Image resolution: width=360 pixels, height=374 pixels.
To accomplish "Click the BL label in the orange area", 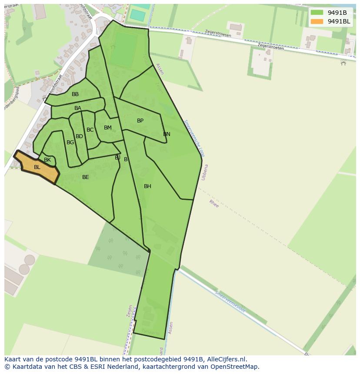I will pyautogui.click(x=37, y=167).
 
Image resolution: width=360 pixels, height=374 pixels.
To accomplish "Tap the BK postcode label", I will pyautogui.click(x=47, y=160).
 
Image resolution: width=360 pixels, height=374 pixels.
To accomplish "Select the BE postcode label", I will pyautogui.click(x=86, y=177).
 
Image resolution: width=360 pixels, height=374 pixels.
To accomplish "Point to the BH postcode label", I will pyautogui.click(x=147, y=186).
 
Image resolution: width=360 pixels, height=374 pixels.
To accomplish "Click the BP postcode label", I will pyautogui.click(x=140, y=121).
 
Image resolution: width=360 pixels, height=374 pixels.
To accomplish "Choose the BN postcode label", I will pyautogui.click(x=167, y=134).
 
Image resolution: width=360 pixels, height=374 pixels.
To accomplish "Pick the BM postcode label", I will pyautogui.click(x=108, y=128).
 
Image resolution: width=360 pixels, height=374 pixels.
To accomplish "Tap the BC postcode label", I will pyautogui.click(x=90, y=130).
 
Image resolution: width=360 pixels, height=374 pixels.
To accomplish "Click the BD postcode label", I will pyautogui.click(x=79, y=136).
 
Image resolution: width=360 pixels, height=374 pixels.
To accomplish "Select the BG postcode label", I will pyautogui.click(x=70, y=142).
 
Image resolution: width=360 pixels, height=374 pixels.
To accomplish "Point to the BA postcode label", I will pyautogui.click(x=78, y=108).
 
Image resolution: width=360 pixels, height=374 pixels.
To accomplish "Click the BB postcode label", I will pyautogui.click(x=75, y=94).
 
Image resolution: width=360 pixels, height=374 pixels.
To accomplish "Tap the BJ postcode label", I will pyautogui.click(x=117, y=158).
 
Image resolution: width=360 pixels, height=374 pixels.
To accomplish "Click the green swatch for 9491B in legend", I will pyautogui.click(x=317, y=12).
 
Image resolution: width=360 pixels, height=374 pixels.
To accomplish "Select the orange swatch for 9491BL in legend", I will pyautogui.click(x=317, y=21).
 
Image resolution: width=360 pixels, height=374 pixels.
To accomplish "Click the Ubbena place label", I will pyautogui.click(x=204, y=172).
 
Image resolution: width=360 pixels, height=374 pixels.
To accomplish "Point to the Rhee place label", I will pyautogui.click(x=214, y=203).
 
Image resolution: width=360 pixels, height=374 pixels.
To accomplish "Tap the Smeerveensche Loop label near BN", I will pyautogui.click(x=194, y=138).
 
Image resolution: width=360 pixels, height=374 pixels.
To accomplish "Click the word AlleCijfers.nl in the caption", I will pyautogui.click(x=226, y=359).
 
